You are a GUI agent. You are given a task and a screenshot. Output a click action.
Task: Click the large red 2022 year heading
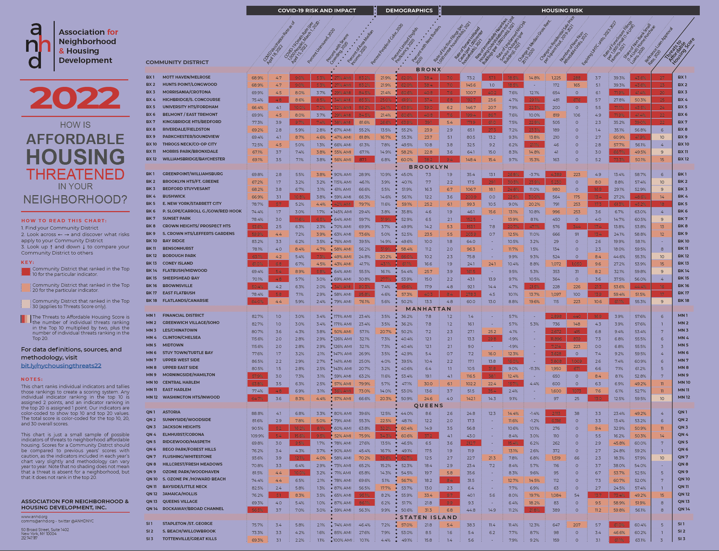point(75,98)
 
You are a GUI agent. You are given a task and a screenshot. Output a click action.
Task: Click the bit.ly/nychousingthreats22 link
point(61,366)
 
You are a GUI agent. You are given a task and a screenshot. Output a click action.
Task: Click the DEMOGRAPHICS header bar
point(409,10)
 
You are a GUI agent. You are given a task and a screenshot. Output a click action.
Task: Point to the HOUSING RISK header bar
point(562,10)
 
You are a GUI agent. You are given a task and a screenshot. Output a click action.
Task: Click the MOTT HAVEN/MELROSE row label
point(186,77)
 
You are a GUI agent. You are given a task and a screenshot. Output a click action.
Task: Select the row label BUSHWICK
point(174,196)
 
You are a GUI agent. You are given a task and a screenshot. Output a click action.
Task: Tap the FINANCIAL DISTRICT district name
point(183,315)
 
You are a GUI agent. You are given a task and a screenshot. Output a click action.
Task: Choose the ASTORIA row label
point(171,412)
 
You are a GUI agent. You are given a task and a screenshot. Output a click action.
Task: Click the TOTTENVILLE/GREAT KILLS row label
point(190,539)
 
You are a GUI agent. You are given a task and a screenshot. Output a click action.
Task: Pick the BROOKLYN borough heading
point(428,167)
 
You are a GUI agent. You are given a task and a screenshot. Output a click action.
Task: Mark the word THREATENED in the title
point(75,174)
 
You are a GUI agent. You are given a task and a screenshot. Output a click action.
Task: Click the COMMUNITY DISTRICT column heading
point(177,62)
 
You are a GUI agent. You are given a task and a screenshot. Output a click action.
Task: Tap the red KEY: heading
point(28,262)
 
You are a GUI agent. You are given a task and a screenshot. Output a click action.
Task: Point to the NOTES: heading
point(32,379)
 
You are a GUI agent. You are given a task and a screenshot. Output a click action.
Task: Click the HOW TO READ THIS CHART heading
point(64,220)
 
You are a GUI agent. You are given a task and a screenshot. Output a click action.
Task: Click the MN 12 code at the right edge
point(684,397)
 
